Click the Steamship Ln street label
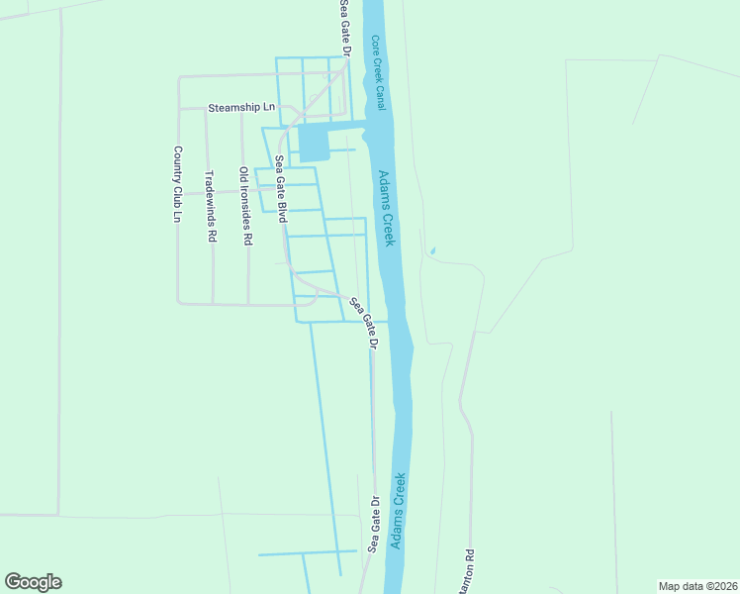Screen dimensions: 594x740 point(240,107)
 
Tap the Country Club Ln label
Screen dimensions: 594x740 point(178,184)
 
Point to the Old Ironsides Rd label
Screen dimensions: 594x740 point(245,205)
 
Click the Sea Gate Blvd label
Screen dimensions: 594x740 point(281,188)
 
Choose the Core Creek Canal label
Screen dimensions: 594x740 point(379,71)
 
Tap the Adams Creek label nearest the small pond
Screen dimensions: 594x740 point(388,209)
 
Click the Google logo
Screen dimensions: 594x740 point(33,582)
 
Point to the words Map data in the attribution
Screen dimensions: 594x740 point(681,585)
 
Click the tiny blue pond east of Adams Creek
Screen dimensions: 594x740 point(432,250)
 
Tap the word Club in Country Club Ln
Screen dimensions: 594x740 point(178,188)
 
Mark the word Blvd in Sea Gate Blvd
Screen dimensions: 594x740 point(282,210)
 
